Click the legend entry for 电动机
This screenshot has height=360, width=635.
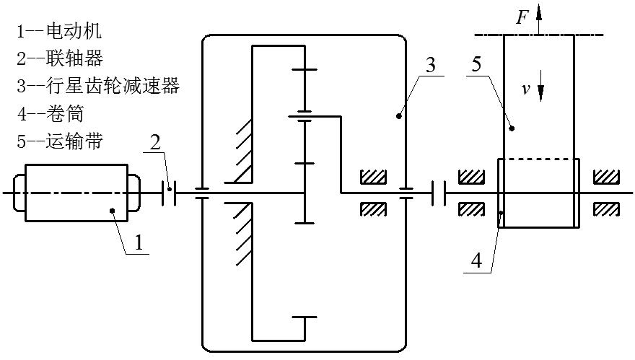tap(61, 31)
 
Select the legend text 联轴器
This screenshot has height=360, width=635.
tap(61, 58)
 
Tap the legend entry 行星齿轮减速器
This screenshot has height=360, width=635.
tap(97, 86)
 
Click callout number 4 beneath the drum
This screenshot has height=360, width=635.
tap(475, 260)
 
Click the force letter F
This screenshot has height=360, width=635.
tap(522, 16)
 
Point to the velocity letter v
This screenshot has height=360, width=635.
tap(527, 90)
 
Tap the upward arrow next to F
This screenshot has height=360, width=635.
tap(539, 20)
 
